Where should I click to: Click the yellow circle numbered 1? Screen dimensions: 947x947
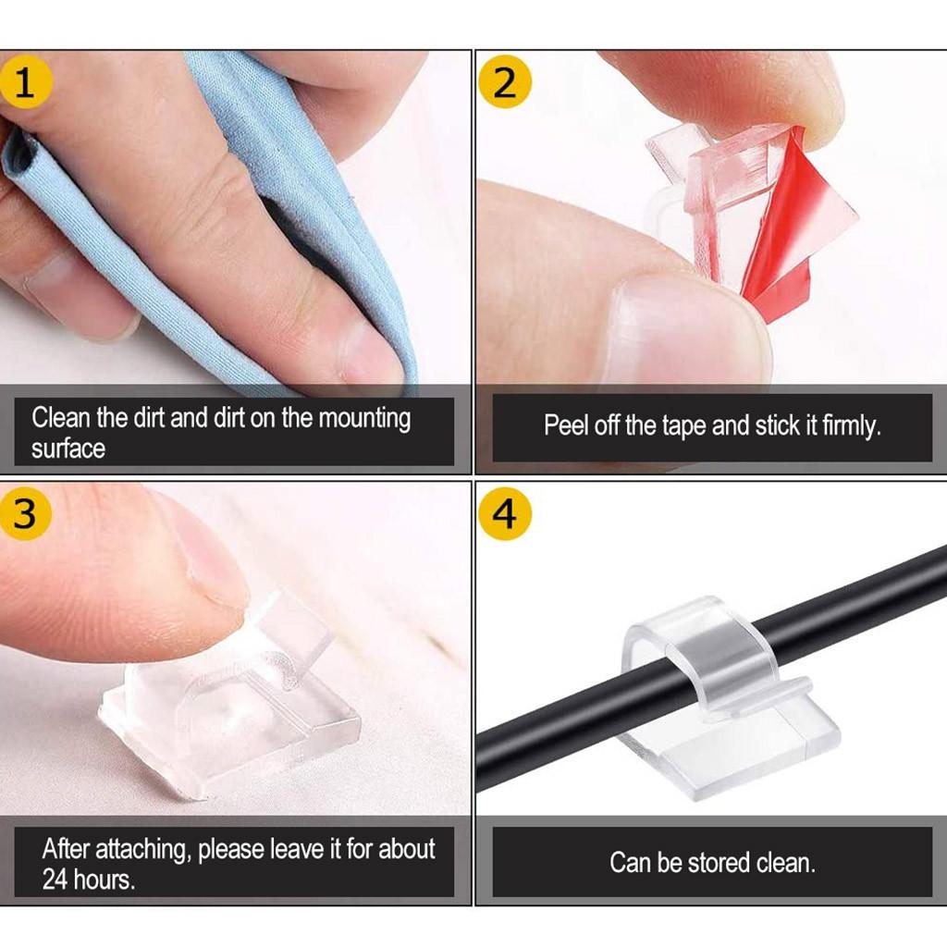click(25, 82)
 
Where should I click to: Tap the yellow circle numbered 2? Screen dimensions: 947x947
click(504, 82)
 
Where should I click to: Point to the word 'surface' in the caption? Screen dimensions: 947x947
click(68, 449)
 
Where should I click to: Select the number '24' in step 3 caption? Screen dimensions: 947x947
click(60, 879)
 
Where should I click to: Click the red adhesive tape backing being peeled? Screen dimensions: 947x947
click(795, 231)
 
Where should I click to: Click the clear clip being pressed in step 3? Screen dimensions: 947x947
click(231, 703)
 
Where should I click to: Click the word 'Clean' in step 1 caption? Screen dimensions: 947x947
click(61, 418)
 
